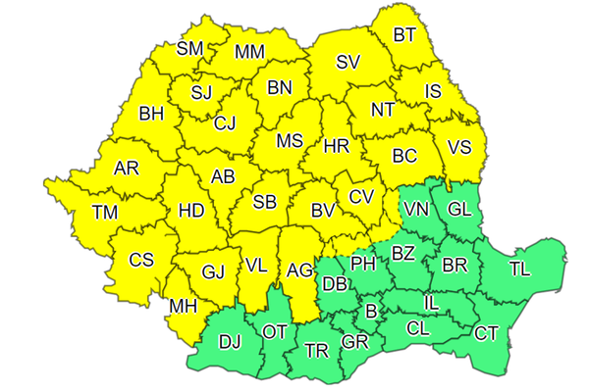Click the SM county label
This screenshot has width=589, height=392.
pyautogui.click(x=190, y=49)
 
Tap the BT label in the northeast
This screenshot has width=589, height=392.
pyautogui.click(x=404, y=35)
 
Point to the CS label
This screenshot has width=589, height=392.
pyautogui.click(x=141, y=260)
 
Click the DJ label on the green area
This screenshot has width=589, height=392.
pyautogui.click(x=230, y=342)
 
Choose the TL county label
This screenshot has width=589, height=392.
pyautogui.click(x=520, y=269)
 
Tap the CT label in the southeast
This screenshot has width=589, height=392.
pyautogui.click(x=486, y=333)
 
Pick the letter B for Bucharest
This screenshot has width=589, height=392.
pyautogui.click(x=370, y=313)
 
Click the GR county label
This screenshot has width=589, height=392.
pyautogui.click(x=354, y=343)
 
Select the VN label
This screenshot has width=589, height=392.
pyautogui.click(x=416, y=210)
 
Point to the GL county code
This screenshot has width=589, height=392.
pyautogui.click(x=459, y=210)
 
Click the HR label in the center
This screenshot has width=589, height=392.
pyautogui.click(x=337, y=146)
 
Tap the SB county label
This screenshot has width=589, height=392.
pyautogui.click(x=264, y=202)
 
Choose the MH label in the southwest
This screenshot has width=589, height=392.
pyautogui.click(x=183, y=307)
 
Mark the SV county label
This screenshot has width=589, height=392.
pyautogui.click(x=348, y=62)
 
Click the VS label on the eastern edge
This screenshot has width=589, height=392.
pyautogui.click(x=459, y=148)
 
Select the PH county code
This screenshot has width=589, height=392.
pyautogui.click(x=364, y=263)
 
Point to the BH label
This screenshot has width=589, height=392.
pyautogui.click(x=151, y=115)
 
